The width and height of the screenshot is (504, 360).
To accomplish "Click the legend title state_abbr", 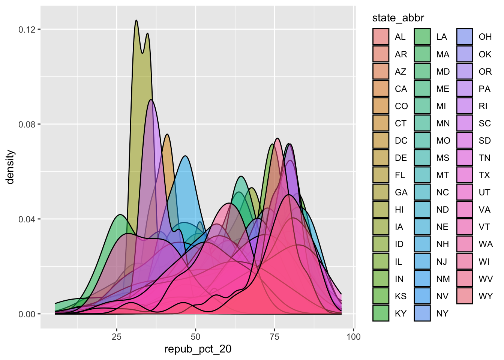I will coord(398,18).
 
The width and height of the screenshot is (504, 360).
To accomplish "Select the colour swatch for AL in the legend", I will coord(381,37).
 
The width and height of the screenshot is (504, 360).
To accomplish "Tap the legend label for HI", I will coord(399,210).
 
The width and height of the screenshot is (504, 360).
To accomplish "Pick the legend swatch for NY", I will coord(422,313).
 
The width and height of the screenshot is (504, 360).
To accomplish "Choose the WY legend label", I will coord(486,296).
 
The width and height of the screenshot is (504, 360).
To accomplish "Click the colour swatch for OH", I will coord(465,37).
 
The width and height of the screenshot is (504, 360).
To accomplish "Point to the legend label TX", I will coord(484,175).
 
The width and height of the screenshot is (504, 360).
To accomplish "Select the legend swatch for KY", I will coord(381,313).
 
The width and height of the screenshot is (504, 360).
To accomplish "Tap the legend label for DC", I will coord(401,141).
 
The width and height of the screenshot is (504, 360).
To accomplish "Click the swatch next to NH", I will coord(422,244).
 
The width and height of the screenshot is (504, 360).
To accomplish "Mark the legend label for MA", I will coord(442,54).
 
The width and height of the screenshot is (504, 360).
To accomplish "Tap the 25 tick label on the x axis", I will coord(117,337).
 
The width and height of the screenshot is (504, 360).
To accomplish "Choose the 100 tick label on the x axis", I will coord(354,337).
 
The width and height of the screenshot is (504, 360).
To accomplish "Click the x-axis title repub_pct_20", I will coord(198,349).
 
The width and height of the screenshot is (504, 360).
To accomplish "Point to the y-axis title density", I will coord(10,167).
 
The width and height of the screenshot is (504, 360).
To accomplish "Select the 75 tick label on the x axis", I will coord(274,337).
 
